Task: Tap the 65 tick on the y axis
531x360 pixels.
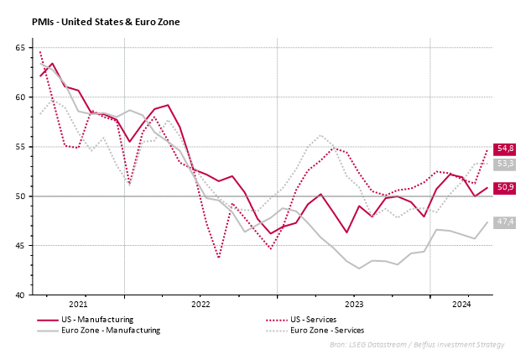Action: (x=18, y=48)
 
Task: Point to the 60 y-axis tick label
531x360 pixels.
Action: (x=18, y=97)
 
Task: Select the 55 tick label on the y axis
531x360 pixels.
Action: (x=18, y=147)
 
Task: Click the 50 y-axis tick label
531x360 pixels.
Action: (x=18, y=196)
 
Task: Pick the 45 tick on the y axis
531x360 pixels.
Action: (x=18, y=246)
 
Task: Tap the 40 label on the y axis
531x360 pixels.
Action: (x=18, y=295)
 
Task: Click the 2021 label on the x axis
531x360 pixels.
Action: (x=78, y=304)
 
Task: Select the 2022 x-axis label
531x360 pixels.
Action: (x=200, y=304)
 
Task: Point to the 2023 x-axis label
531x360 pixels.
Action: (x=353, y=304)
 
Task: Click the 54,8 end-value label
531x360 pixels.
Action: (x=505, y=149)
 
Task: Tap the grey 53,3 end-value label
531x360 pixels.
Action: (x=505, y=164)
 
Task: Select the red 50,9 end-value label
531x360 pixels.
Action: (x=505, y=188)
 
